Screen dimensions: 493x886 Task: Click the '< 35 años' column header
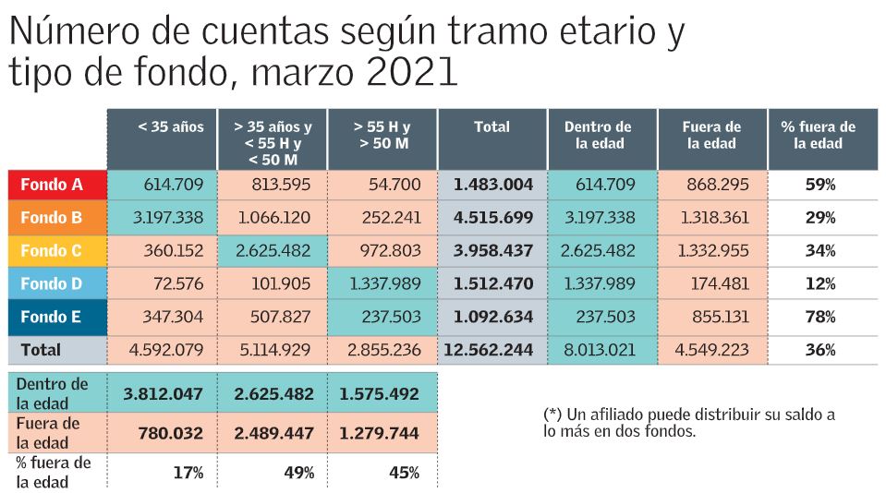tap(162, 127)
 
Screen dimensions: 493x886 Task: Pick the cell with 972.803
tap(387, 250)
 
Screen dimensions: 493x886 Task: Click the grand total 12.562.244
tap(489, 350)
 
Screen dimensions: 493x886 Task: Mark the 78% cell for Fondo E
tap(820, 317)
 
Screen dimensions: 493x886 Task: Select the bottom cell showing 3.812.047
tap(163, 393)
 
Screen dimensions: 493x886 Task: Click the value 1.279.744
tap(379, 433)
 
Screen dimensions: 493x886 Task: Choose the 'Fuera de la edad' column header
tap(711, 136)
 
